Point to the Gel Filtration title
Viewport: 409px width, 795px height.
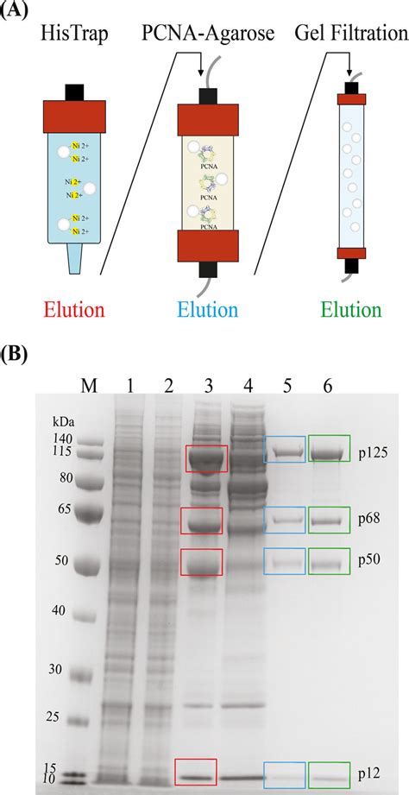pos(349,35)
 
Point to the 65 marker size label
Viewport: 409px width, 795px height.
pos(63,509)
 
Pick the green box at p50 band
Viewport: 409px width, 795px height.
pos(329,561)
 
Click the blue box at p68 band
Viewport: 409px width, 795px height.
pos(284,520)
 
